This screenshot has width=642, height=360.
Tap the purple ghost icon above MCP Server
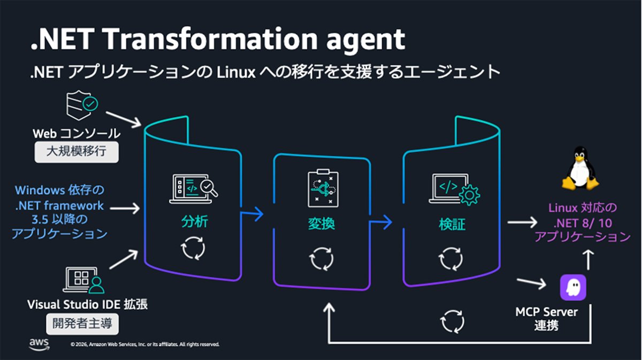pos(573,287)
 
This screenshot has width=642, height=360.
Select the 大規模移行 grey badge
pos(77,151)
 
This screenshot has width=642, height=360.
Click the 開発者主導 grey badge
pos(82,324)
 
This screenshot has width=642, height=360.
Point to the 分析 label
pos(195,221)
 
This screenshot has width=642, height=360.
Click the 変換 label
pos(322,224)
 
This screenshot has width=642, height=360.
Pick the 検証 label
pos(452,224)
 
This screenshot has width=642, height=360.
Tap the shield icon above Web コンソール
pos(82,105)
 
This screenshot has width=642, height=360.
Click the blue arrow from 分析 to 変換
pos(251,213)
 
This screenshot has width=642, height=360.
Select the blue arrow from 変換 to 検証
pos(380,222)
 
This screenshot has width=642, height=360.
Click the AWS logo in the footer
pos(39,344)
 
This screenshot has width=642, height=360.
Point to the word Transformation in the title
pos(210,39)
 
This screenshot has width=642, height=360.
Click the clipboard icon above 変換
pos(323,188)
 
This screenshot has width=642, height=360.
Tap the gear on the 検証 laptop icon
pos(469,195)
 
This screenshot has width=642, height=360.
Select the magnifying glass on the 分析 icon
pos(209,188)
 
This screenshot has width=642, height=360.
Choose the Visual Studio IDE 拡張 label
pos(87,304)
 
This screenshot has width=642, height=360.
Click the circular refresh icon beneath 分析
pos(193,248)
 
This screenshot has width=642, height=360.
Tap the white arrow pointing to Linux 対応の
pos(522,222)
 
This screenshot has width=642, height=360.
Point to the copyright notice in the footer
pos(145,344)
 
